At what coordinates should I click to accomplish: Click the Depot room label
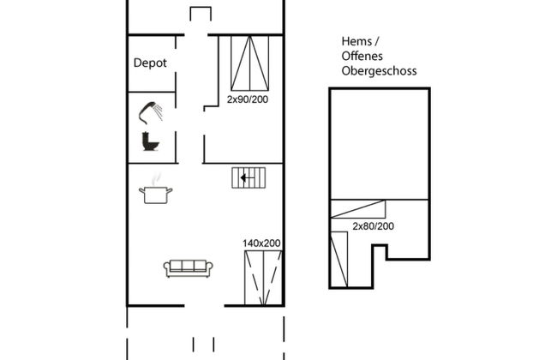pos(150,63)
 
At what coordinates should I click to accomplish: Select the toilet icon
pos(150,141)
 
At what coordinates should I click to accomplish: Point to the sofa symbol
pos(189,268)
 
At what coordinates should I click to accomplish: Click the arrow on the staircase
pos(248,177)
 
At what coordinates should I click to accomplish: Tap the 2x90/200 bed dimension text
pos(248,99)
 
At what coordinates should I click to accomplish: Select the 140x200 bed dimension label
pos(261,243)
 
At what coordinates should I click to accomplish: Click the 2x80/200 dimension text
pos(373,226)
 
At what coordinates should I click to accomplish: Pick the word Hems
pos(356,41)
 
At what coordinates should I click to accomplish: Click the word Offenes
pos(362,57)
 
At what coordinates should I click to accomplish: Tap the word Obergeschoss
pos(379,71)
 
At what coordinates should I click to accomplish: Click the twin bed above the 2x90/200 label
pos(249,63)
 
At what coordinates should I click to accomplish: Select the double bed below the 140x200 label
pos(263,278)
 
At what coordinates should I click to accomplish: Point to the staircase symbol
pos(249,177)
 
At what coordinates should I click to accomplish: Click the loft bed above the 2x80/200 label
pos(358,209)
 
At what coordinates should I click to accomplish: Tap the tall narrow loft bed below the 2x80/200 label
pos(339,260)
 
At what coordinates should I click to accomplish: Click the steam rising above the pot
pos(156,179)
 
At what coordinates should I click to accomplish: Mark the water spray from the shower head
pos(158,112)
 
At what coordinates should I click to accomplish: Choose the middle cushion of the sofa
pos(189,266)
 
